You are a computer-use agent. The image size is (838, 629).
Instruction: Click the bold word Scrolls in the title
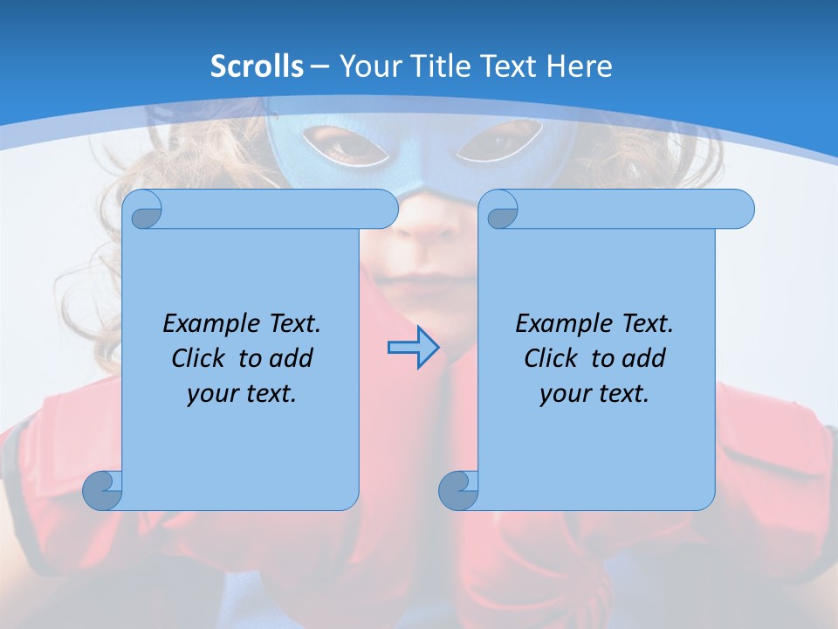coord(258,66)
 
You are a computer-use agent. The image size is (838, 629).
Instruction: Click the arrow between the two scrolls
coord(413,348)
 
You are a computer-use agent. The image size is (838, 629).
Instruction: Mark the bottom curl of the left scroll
coord(102,490)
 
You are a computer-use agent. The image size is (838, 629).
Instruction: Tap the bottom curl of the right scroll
coord(458,490)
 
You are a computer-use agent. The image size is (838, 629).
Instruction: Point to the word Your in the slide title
coord(367,66)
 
